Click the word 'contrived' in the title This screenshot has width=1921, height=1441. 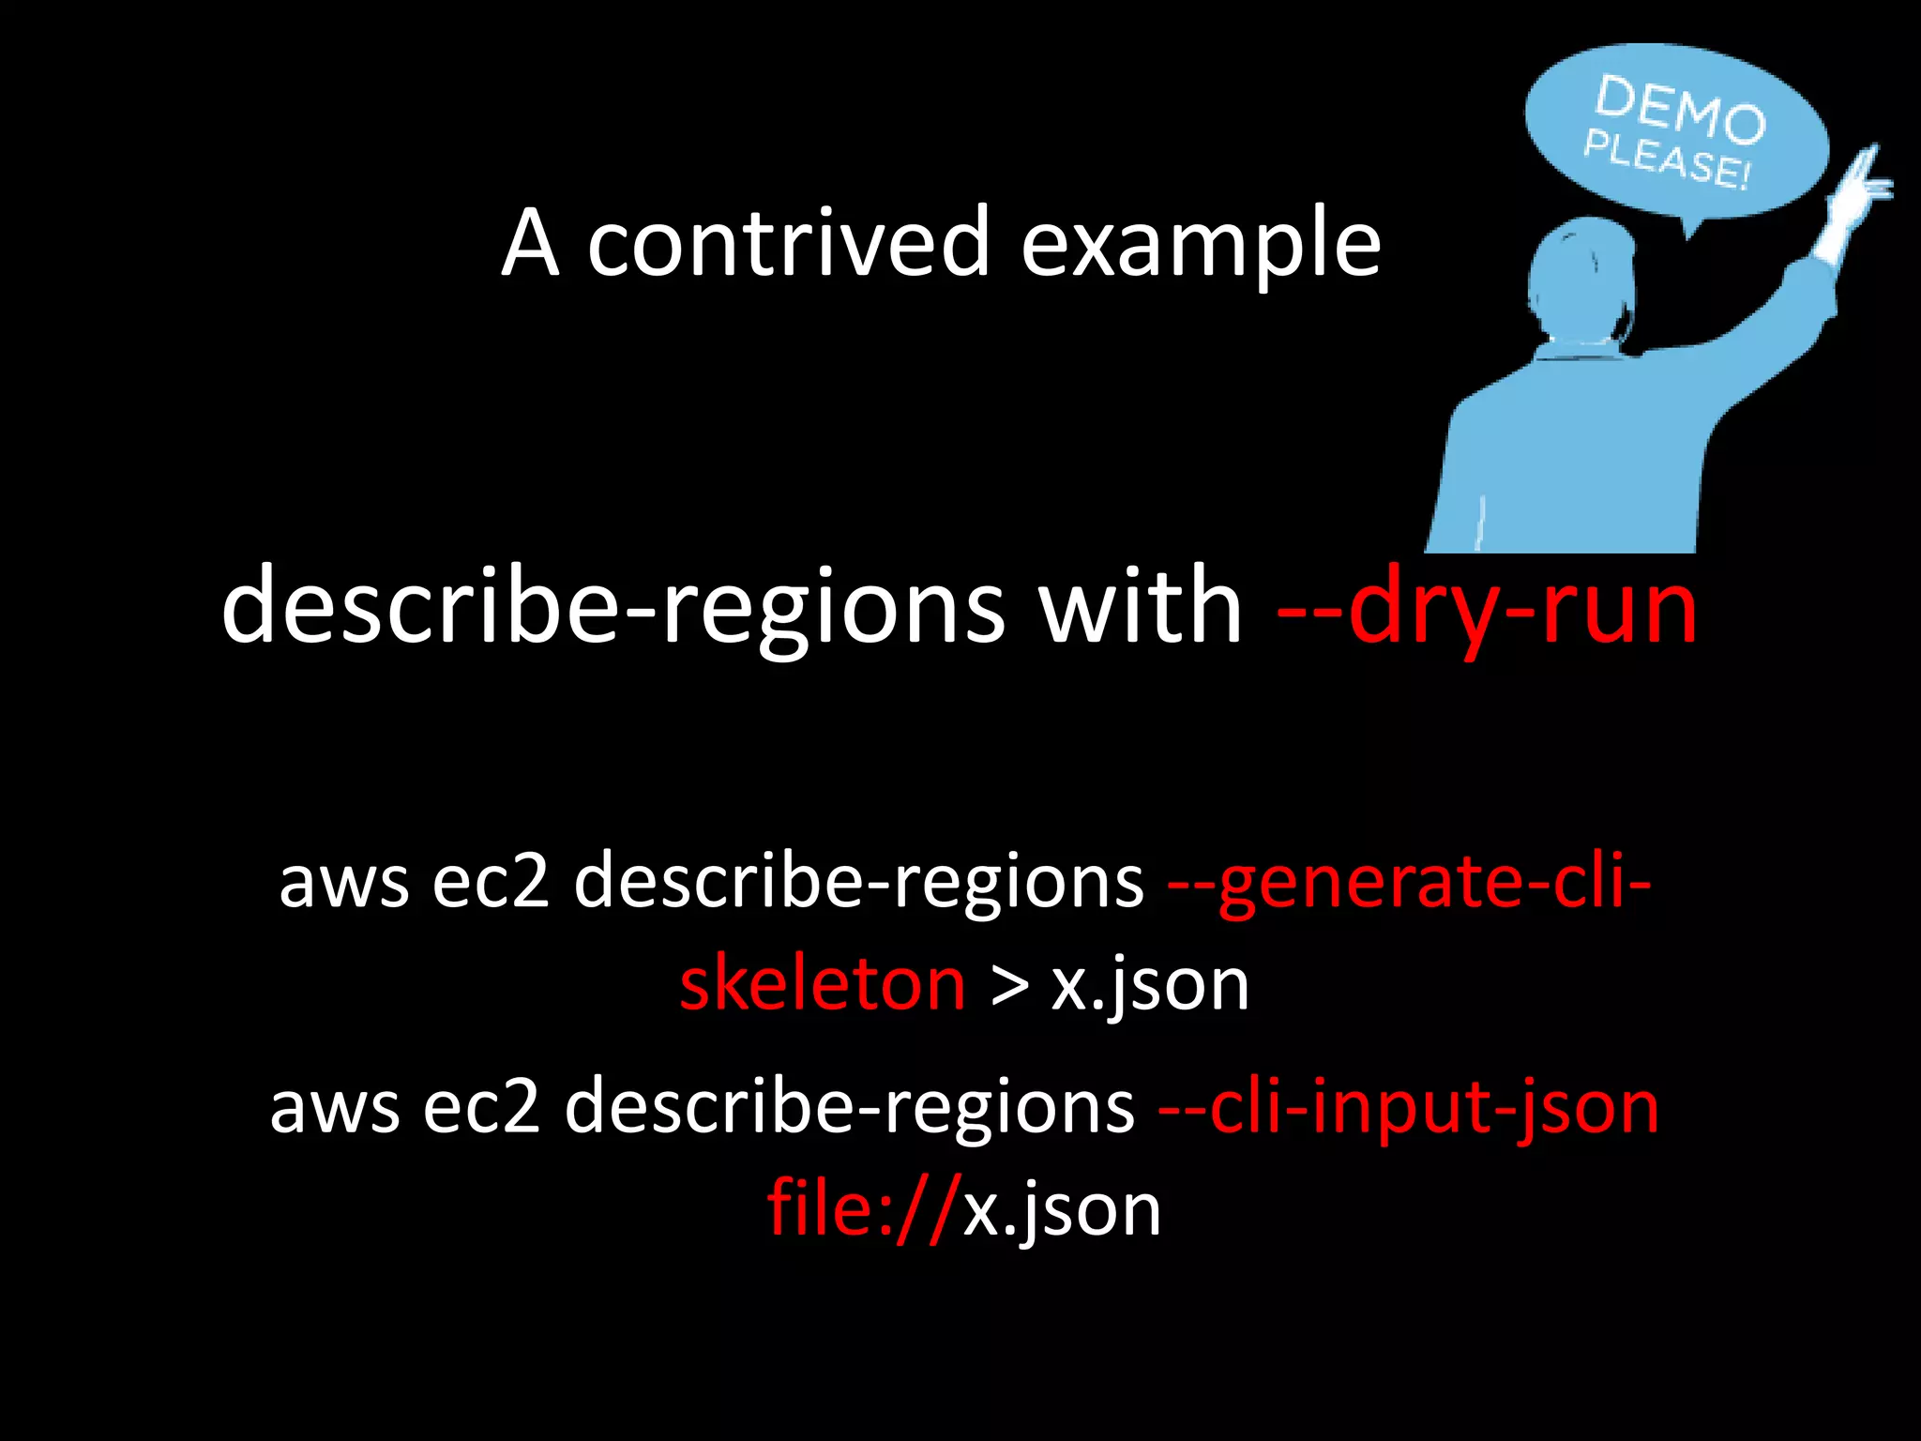click(x=788, y=244)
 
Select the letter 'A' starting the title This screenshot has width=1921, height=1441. click(x=531, y=244)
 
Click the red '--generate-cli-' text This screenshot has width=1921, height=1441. click(x=1409, y=882)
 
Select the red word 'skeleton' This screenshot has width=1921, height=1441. click(x=823, y=985)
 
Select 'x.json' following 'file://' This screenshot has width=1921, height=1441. click(x=1063, y=1210)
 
